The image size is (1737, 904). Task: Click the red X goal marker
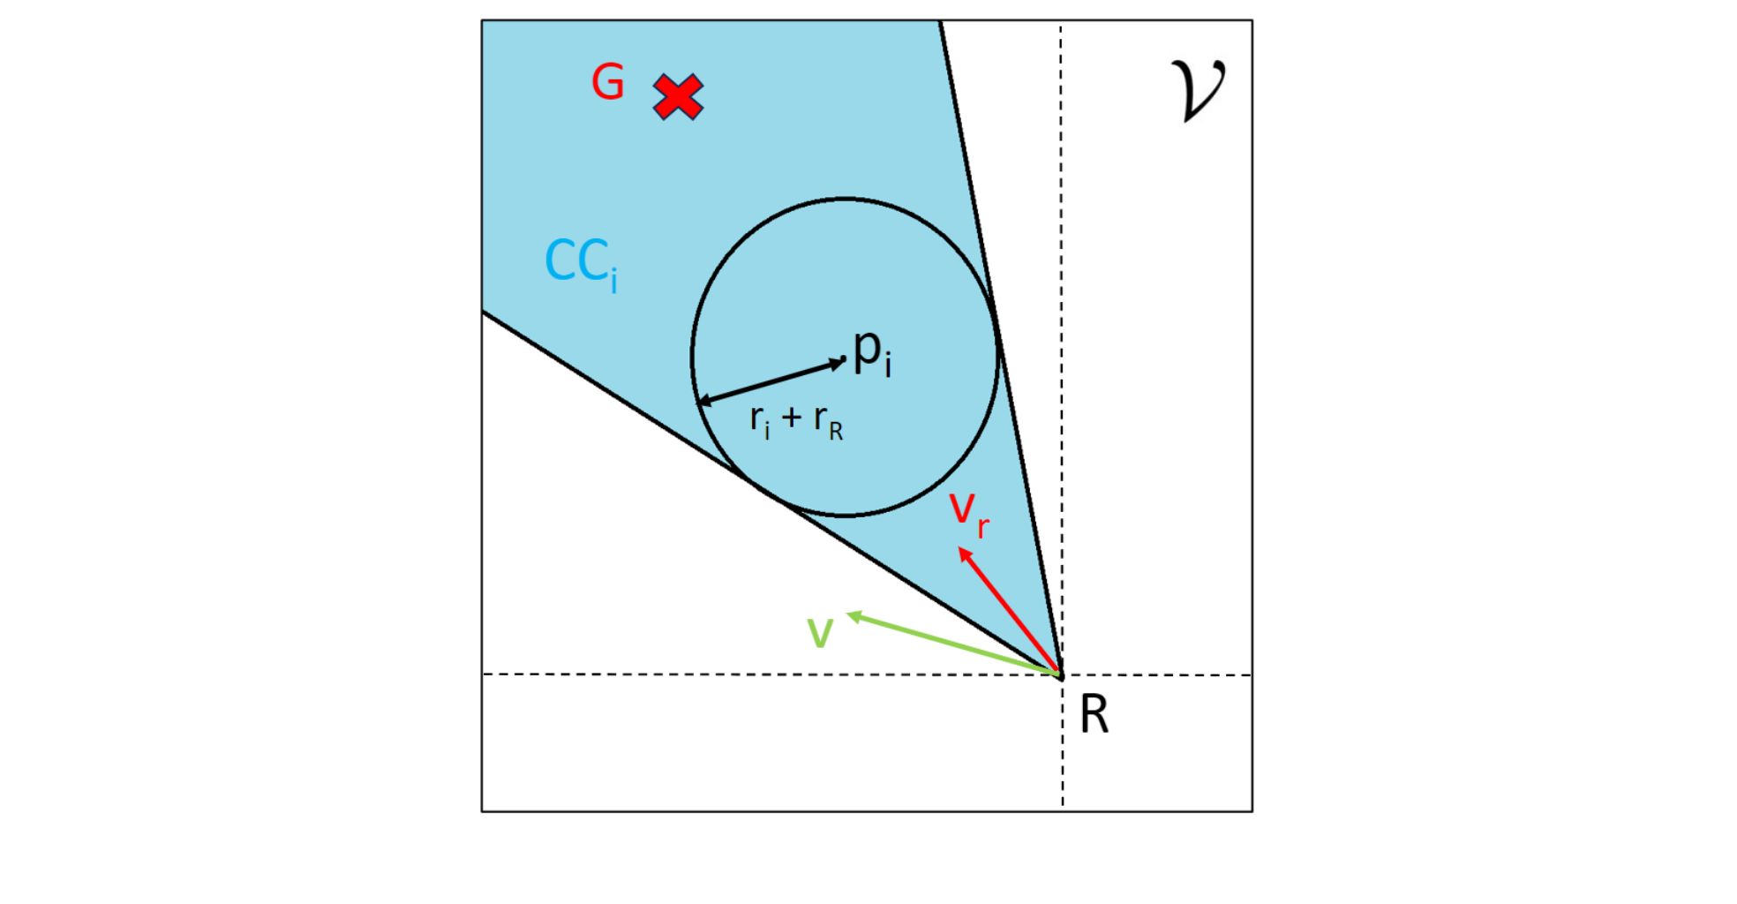[x=678, y=96]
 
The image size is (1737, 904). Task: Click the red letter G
[x=608, y=83]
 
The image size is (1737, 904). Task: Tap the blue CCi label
[x=581, y=263]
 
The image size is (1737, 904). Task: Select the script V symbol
[x=1198, y=90]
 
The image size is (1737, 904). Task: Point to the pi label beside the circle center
[x=872, y=352]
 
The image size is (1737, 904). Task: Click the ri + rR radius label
[x=796, y=421]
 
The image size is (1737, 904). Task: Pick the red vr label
[x=968, y=513]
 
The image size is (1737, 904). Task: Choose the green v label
[x=821, y=633]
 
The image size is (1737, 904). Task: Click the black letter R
[x=1094, y=714]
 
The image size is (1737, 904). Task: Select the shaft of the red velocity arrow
[x=1011, y=612]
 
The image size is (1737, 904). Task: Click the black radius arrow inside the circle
[x=771, y=381]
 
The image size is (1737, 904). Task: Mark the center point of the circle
[x=846, y=359]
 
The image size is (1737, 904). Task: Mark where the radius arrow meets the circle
[x=697, y=403]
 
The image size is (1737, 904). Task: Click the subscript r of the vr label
[x=983, y=527]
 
